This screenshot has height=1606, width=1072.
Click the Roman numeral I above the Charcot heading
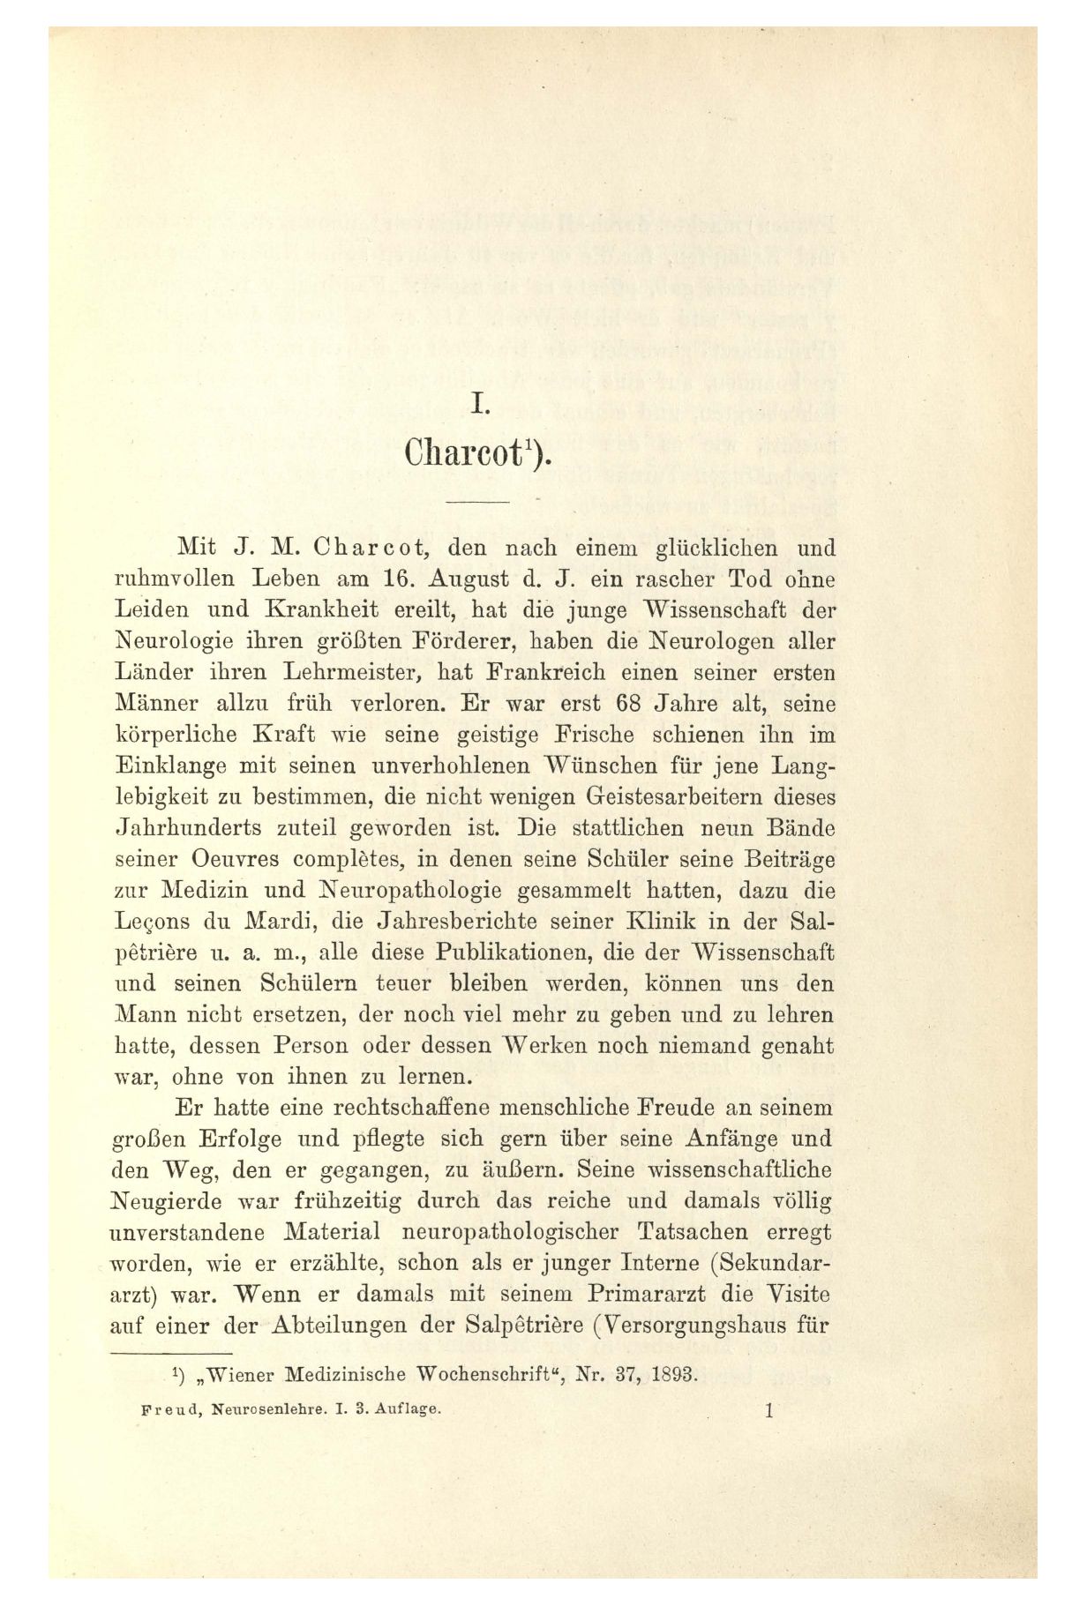point(479,405)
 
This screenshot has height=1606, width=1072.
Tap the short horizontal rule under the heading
point(478,502)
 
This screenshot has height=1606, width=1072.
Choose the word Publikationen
point(508,953)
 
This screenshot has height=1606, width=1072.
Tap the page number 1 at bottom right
point(769,1410)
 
